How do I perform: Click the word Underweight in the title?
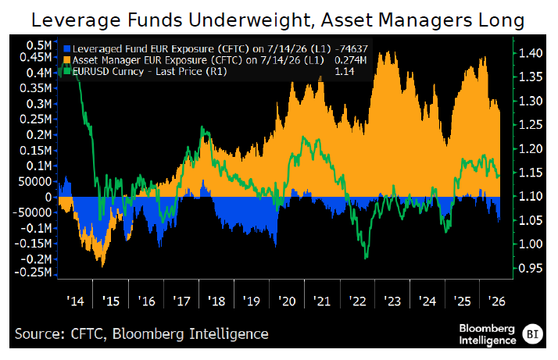pyautogui.click(x=252, y=20)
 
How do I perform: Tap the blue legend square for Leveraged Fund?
pyautogui.click(x=66, y=49)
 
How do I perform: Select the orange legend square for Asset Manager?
pyautogui.click(x=66, y=60)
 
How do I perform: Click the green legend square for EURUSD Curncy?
pyautogui.click(x=66, y=71)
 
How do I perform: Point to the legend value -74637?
pyautogui.click(x=351, y=49)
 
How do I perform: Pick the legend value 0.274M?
pyautogui.click(x=351, y=60)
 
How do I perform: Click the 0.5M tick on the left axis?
pyautogui.click(x=38, y=45)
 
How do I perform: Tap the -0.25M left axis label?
pyautogui.click(x=33, y=272)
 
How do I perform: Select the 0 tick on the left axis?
pyautogui.click(x=48, y=197)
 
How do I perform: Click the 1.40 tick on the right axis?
pyautogui.click(x=530, y=53)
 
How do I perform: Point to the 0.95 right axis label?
pyautogui.click(x=530, y=268)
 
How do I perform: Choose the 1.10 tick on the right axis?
pyautogui.click(x=530, y=196)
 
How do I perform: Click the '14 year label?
pyautogui.click(x=76, y=301)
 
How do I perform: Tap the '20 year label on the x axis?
pyautogui.click(x=287, y=301)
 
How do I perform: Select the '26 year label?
pyautogui.click(x=496, y=301)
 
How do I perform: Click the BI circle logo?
pyautogui.click(x=532, y=334)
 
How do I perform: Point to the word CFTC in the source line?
pyautogui.click(x=87, y=334)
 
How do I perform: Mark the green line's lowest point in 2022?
pyautogui.click(x=367, y=258)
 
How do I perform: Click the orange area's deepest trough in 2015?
pyautogui.click(x=102, y=266)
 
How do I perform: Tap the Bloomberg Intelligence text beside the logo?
pyautogui.click(x=487, y=334)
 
